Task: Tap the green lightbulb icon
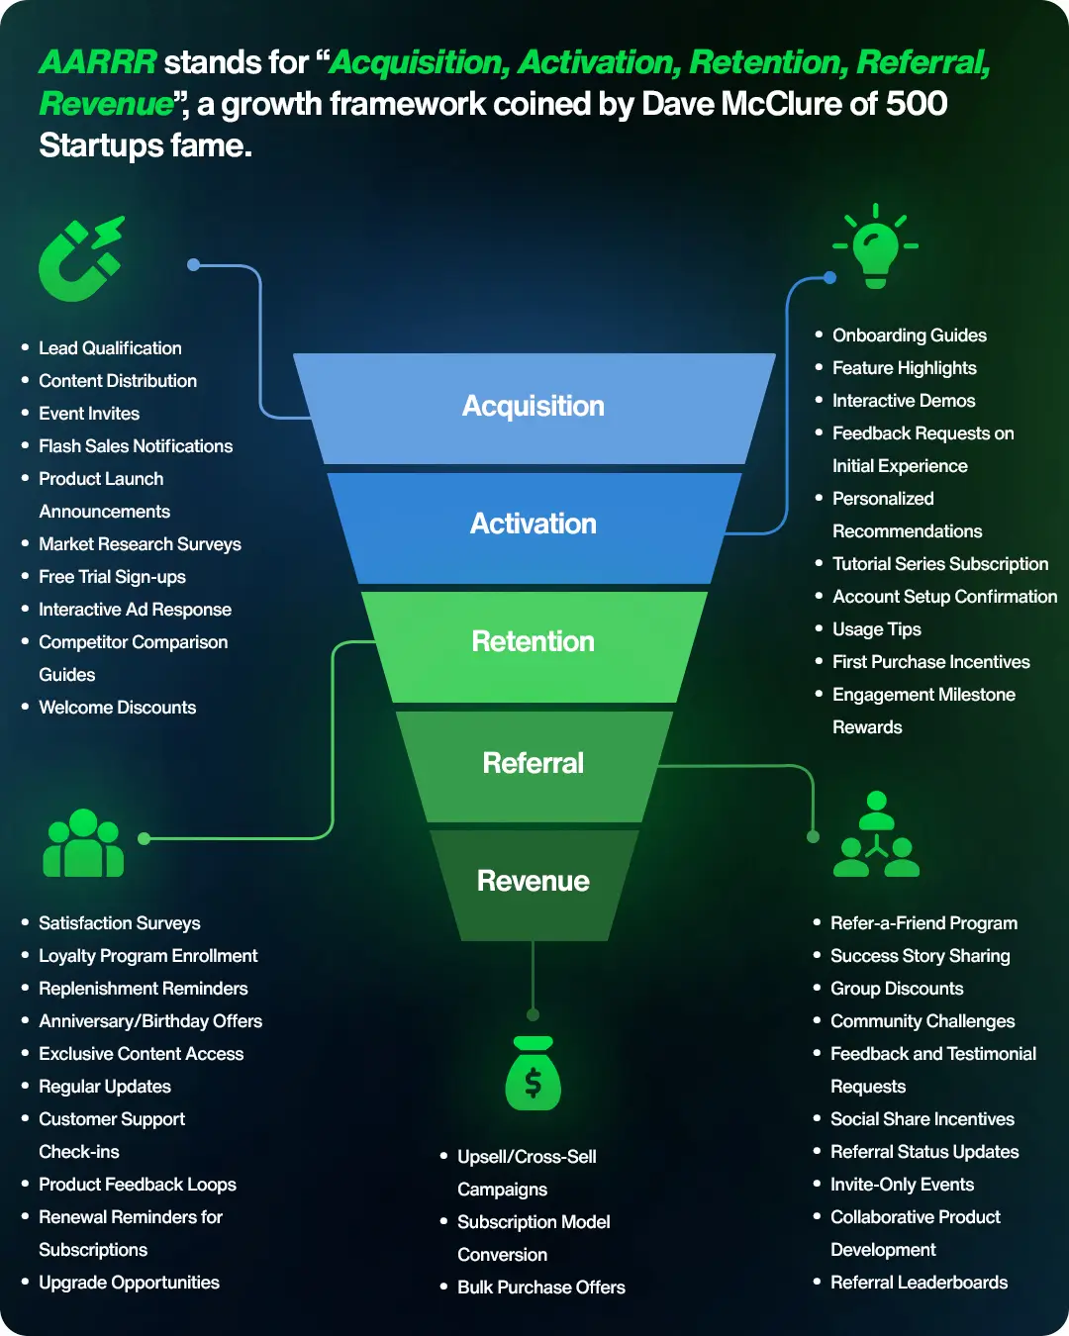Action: click(875, 247)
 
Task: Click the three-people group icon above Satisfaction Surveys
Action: click(83, 844)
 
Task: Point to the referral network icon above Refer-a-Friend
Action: click(876, 836)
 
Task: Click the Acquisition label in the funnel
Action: click(534, 406)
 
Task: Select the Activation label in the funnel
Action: click(534, 524)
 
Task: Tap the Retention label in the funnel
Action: click(534, 641)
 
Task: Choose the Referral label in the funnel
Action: click(534, 763)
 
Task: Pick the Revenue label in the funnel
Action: click(534, 881)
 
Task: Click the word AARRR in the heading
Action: click(98, 62)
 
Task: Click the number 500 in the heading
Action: click(917, 104)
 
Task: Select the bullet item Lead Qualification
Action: click(110, 348)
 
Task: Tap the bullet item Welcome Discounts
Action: click(117, 708)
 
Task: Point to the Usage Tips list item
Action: click(876, 629)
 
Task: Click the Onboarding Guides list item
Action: click(909, 335)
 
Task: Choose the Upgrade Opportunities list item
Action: click(129, 1283)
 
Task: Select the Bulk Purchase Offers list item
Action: click(540, 1288)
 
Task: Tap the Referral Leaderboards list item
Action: click(919, 1283)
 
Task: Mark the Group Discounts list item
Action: click(897, 989)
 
